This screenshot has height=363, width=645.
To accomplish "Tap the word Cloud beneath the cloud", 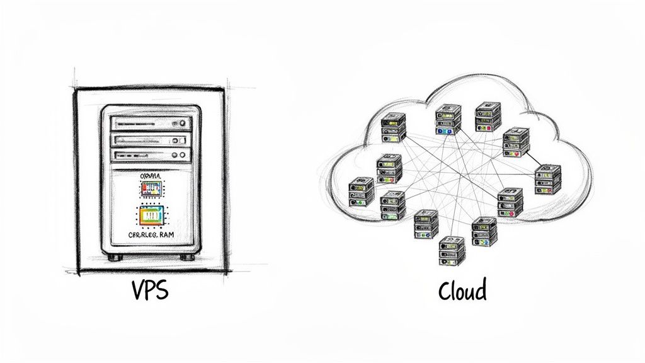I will click(462, 291).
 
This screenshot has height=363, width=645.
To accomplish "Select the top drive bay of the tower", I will click(150, 123).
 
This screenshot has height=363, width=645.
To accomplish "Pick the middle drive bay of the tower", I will click(150, 140).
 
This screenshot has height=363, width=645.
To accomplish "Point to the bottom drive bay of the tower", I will click(150, 155).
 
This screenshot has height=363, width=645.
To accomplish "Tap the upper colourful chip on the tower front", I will click(151, 188).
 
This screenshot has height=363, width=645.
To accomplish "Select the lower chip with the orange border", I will click(151, 216).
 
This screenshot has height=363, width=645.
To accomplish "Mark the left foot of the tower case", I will click(113, 257).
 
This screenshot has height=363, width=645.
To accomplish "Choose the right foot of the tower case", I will click(187, 257).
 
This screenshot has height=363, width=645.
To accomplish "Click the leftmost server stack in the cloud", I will click(361, 191).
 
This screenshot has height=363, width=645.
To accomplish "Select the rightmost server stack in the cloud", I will click(547, 179).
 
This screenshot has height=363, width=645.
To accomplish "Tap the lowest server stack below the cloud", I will click(452, 250).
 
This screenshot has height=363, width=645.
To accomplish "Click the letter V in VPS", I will click(138, 291).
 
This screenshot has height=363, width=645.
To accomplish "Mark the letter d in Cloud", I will click(481, 290).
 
